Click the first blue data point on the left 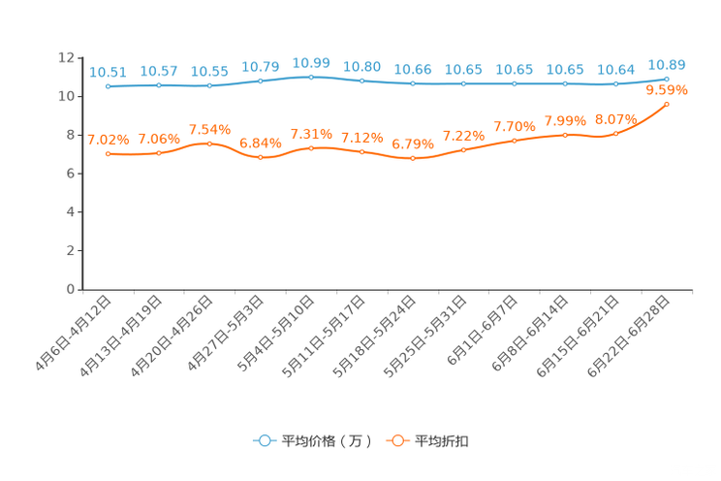pyautogui.click(x=109, y=86)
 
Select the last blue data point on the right pyautogui.click(x=667, y=79)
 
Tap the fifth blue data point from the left pyautogui.click(x=311, y=76)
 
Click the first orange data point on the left pyautogui.click(x=109, y=153)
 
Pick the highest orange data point pyautogui.click(x=667, y=103)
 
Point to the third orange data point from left pyautogui.click(x=210, y=144)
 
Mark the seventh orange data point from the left pyautogui.click(x=413, y=158)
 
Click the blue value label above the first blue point pyautogui.click(x=108, y=72)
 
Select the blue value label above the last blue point pyautogui.click(x=667, y=65)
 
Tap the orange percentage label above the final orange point pyautogui.click(x=667, y=90)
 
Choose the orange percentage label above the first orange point pyautogui.click(x=108, y=140)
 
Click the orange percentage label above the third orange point pyautogui.click(x=210, y=130)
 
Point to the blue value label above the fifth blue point pyautogui.click(x=311, y=63)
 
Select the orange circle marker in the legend pyautogui.click(x=397, y=441)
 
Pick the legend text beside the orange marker pyautogui.click(x=443, y=441)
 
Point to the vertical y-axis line pyautogui.click(x=83, y=175)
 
